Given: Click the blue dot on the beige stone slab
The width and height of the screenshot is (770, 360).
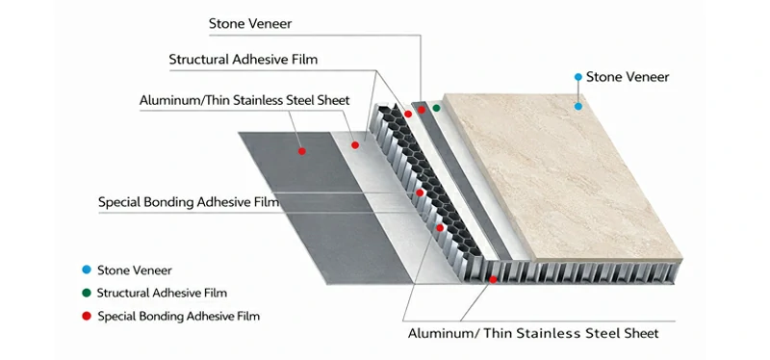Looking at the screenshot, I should (x=578, y=106).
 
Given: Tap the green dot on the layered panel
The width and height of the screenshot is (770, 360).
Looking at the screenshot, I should (x=436, y=108).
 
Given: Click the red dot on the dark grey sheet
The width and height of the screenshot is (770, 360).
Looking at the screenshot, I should (x=301, y=151).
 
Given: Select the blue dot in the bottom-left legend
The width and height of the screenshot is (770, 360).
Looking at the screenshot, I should (x=86, y=270).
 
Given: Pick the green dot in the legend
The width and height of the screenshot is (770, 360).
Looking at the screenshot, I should (x=86, y=293).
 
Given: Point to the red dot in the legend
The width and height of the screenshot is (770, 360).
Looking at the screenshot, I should (x=86, y=316).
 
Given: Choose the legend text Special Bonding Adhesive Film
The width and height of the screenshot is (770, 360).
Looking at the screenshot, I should (x=178, y=316).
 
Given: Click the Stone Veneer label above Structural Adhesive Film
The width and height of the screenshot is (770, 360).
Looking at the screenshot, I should (x=250, y=23).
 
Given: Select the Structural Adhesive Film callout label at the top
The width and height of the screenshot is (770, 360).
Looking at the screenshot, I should (x=243, y=60).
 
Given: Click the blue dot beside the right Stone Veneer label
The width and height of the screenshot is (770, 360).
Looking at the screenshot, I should (x=577, y=76).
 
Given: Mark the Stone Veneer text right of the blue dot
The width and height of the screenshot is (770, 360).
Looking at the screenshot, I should (x=627, y=77).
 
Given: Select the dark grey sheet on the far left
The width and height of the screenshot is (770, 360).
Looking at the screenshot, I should (x=289, y=193).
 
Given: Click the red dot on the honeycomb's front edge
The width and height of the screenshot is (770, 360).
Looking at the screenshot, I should (x=494, y=278).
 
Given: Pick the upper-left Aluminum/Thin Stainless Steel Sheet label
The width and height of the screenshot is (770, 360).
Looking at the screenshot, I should (x=244, y=100).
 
